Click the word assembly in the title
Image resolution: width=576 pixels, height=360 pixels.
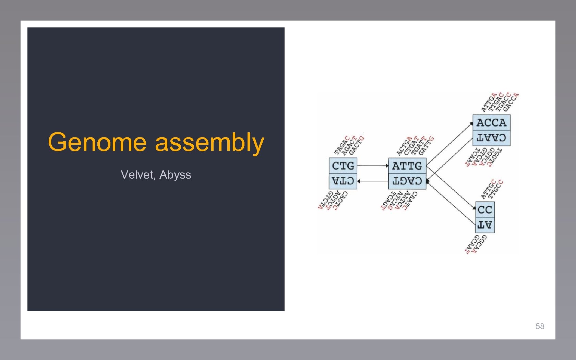(209, 143)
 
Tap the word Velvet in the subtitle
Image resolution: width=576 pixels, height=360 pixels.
(137, 175)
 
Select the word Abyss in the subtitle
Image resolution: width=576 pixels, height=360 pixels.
(175, 175)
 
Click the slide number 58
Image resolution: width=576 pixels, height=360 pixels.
(540, 326)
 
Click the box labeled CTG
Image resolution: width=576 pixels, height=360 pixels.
(343, 166)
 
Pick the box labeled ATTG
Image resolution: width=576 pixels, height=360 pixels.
(407, 166)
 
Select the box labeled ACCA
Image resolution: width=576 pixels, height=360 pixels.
(491, 122)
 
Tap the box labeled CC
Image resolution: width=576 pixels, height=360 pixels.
(485, 209)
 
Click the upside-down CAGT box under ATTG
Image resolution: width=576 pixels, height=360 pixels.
(407, 181)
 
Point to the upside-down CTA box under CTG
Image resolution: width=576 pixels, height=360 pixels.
(343, 181)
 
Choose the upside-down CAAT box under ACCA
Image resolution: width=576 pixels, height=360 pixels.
(491, 138)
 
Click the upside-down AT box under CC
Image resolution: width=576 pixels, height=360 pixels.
(485, 225)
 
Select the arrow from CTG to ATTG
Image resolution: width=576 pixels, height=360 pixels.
(372, 166)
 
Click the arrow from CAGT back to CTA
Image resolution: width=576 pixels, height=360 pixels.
(372, 181)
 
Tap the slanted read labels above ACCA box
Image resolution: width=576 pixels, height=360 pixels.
(500, 102)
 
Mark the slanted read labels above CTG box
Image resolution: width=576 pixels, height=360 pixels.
(349, 145)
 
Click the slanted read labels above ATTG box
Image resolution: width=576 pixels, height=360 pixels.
(415, 146)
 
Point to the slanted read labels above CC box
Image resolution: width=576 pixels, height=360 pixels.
(492, 189)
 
